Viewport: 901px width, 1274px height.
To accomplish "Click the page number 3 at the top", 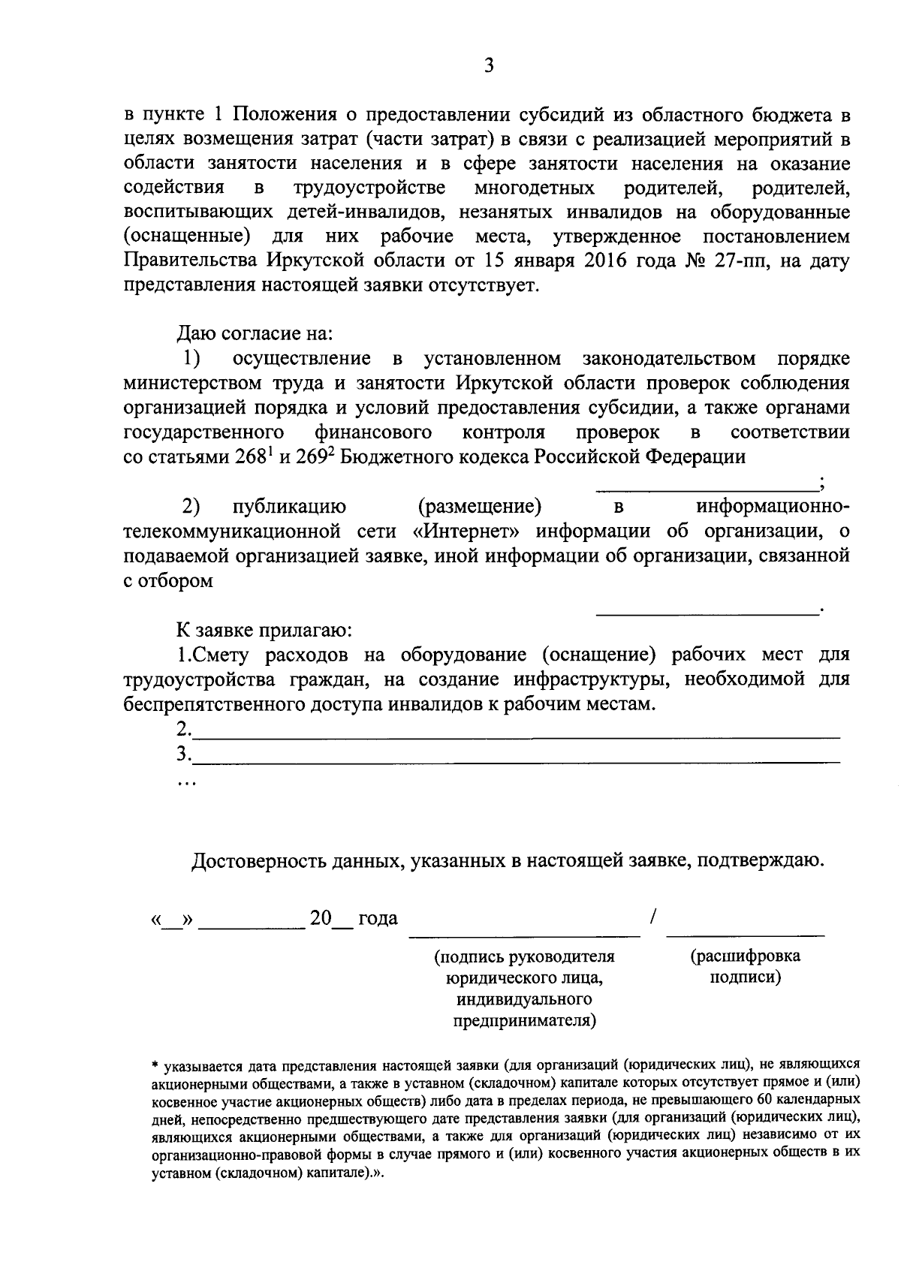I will [x=489, y=66].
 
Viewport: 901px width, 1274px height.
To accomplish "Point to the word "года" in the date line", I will [x=378, y=918].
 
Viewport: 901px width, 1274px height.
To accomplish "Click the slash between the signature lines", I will [x=653, y=917].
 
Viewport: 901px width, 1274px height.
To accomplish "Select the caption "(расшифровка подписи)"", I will [x=745, y=967].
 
